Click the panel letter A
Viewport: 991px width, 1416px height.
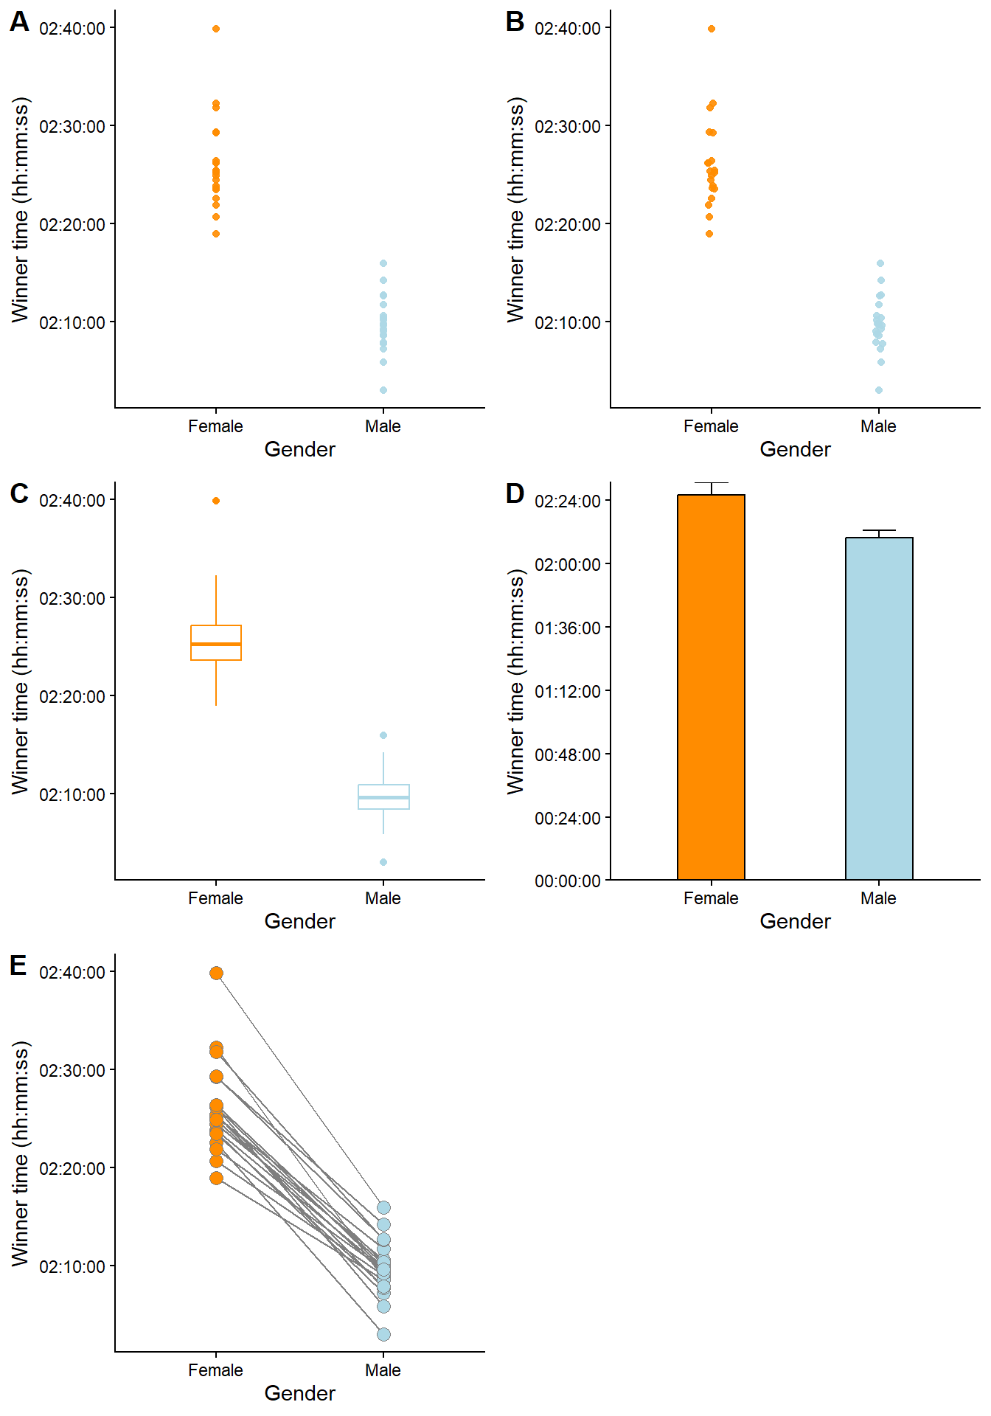click(x=19, y=21)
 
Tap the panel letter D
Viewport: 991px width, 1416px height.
click(x=515, y=493)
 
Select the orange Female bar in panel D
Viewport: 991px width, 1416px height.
click(x=711, y=687)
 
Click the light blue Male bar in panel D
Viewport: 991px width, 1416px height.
click(x=879, y=708)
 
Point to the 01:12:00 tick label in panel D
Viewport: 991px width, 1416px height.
click(x=568, y=691)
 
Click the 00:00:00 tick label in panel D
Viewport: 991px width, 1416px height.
click(x=568, y=881)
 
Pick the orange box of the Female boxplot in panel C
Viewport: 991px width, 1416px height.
click(x=216, y=642)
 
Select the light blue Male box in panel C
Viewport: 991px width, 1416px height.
click(x=383, y=796)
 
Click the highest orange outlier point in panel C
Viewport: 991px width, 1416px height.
click(x=216, y=501)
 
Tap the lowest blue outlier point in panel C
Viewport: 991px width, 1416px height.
click(x=383, y=862)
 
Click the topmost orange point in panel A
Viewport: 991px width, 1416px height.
click(x=216, y=29)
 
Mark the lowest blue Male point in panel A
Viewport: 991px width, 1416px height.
click(x=383, y=390)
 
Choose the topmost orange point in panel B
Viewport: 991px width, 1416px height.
click(x=712, y=29)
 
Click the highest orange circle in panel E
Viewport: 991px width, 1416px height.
click(x=216, y=974)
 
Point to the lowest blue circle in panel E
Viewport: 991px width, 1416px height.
click(x=383, y=1334)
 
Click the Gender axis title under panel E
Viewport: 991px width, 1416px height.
click(x=299, y=1393)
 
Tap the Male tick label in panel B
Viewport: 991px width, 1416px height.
click(x=878, y=426)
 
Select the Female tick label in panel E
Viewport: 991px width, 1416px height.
click(x=215, y=1370)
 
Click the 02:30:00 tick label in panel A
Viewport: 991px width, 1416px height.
click(x=72, y=126)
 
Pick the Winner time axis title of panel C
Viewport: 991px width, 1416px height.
click(x=21, y=681)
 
